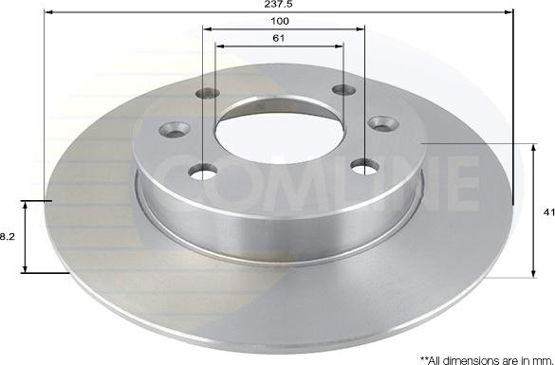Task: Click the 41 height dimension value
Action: point(549,214)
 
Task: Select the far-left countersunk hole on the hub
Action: point(176,128)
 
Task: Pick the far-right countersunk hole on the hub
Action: point(381,123)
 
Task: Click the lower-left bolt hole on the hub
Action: point(201,172)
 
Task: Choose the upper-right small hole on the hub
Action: point(342,91)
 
